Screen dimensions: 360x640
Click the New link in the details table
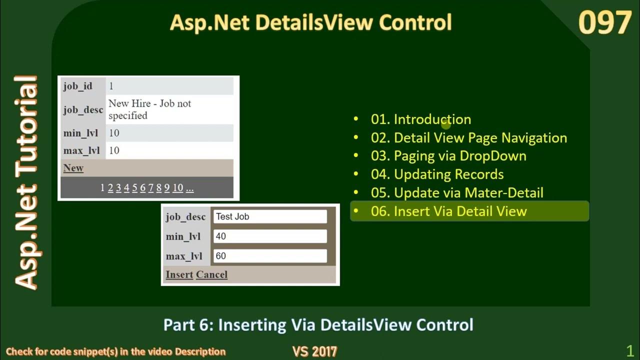pyautogui.click(x=73, y=168)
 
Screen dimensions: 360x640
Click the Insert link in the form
pyautogui.click(x=179, y=274)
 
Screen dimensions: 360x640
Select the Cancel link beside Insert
pyautogui.click(x=211, y=274)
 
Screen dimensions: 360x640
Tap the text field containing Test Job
pyautogui.click(x=270, y=216)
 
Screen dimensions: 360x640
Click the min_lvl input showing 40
pyautogui.click(x=270, y=236)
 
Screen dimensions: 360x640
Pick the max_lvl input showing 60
pyautogui.click(x=270, y=256)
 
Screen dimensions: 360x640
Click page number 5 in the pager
pyautogui.click(x=134, y=188)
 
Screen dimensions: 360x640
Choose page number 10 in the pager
pyautogui.click(x=177, y=188)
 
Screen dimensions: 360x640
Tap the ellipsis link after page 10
pyautogui.click(x=189, y=188)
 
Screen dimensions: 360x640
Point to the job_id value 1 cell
pyautogui.click(x=169, y=86)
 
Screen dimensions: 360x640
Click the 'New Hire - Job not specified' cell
pyautogui.click(x=169, y=109)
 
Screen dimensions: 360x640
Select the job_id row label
pyautogui.click(x=78, y=86)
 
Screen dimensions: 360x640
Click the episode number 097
pyautogui.click(x=604, y=23)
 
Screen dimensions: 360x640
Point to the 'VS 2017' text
pyautogui.click(x=314, y=351)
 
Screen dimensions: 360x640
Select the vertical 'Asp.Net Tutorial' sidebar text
pyautogui.click(x=26, y=182)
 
